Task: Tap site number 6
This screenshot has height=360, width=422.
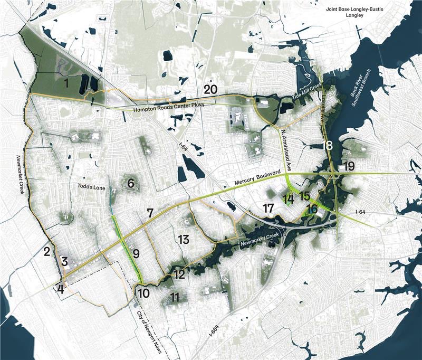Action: pos(131,184)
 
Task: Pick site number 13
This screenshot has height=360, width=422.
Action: pos(183,239)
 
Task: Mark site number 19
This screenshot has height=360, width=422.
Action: pos(348,166)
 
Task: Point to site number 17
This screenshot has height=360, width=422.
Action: pos(268,208)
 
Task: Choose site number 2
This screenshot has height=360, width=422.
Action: pos(47,251)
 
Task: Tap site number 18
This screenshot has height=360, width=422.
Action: pos(327,146)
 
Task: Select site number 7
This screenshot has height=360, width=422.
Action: pos(150,213)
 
